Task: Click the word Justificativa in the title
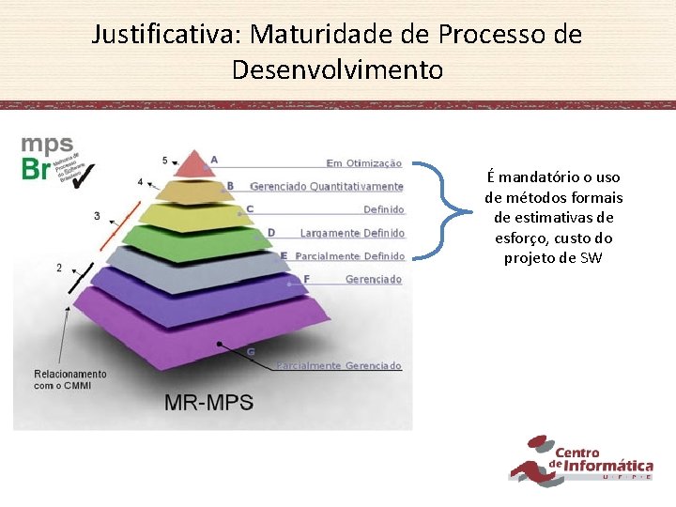pyautogui.click(x=165, y=36)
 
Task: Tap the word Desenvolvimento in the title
pyautogui.click(x=337, y=69)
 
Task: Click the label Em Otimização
pyautogui.click(x=364, y=163)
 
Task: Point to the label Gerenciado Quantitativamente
pyautogui.click(x=327, y=187)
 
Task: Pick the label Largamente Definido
pyautogui.click(x=352, y=233)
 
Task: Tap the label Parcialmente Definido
pyautogui.click(x=349, y=256)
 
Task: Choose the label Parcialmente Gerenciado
pyautogui.click(x=339, y=365)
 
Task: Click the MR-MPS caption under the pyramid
pyautogui.click(x=208, y=403)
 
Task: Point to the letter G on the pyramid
pyautogui.click(x=251, y=352)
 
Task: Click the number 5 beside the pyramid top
pyautogui.click(x=165, y=161)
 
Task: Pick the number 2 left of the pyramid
pyautogui.click(x=59, y=268)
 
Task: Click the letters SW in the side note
pyautogui.click(x=591, y=258)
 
